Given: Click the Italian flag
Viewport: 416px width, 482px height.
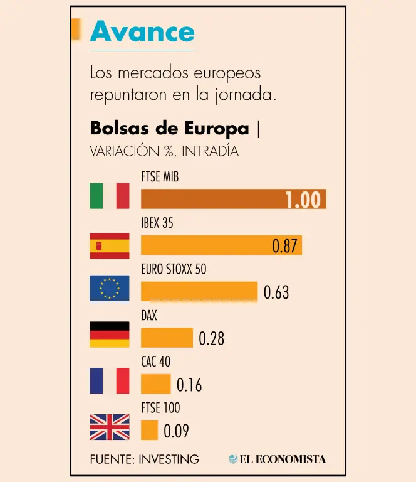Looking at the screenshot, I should pyautogui.click(x=110, y=196).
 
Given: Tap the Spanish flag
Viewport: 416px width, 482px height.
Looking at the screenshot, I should pyautogui.click(x=110, y=245).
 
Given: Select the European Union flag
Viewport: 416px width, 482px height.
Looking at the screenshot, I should pyautogui.click(x=110, y=288).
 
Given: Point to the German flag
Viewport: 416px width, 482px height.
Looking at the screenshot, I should pyautogui.click(x=110, y=335).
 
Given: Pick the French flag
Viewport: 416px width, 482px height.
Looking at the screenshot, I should pyautogui.click(x=110, y=381).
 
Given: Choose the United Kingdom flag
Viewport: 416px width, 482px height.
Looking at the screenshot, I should pyautogui.click(x=110, y=427).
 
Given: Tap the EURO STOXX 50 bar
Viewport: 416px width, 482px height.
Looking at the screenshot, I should pyautogui.click(x=199, y=291).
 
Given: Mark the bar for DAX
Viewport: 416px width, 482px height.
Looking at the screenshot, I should pyautogui.click(x=167, y=338).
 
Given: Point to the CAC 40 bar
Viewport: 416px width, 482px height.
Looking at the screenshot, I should pyautogui.click(x=155, y=383).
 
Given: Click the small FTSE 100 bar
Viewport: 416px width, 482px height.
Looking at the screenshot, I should pyautogui.click(x=149, y=430).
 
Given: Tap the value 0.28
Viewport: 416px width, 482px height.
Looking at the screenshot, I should pyautogui.click(x=211, y=339).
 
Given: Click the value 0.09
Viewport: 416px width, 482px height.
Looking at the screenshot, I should pyautogui.click(x=176, y=431).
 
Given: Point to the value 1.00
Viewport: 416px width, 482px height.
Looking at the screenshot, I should pyautogui.click(x=303, y=200).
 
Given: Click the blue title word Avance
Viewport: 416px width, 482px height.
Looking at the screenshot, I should pyautogui.click(x=142, y=31).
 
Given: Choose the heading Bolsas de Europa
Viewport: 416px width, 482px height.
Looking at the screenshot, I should pyautogui.click(x=170, y=128).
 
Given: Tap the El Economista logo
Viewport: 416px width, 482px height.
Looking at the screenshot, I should pyautogui.click(x=278, y=459).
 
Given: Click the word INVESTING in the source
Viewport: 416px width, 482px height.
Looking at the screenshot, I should pyautogui.click(x=168, y=459).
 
